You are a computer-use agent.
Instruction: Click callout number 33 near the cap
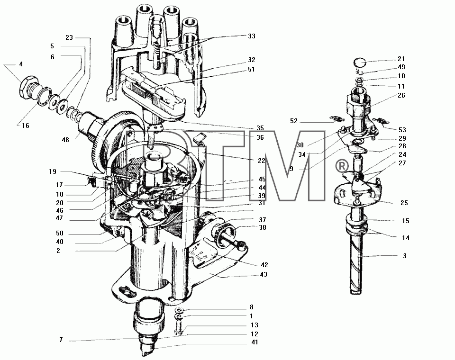click(251, 36)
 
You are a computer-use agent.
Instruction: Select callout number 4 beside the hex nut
click(21, 64)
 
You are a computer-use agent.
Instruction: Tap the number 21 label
click(401, 59)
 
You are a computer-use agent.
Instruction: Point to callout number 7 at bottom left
click(61, 340)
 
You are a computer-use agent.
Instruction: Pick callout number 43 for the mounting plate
click(264, 274)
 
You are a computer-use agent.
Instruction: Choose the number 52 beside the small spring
click(294, 121)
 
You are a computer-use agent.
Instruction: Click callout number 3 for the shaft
click(405, 256)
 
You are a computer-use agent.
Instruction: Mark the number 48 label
click(65, 140)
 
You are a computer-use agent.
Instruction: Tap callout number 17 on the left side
click(59, 185)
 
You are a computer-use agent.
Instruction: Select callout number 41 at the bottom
click(255, 342)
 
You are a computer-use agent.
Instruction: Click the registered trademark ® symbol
click(342, 166)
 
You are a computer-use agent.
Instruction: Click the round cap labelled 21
click(360, 63)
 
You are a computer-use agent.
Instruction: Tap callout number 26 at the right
click(401, 95)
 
